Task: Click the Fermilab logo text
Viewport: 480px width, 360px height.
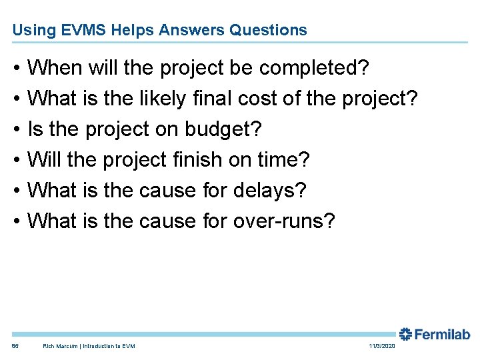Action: click(444, 335)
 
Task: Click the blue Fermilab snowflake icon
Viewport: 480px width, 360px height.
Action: click(406, 335)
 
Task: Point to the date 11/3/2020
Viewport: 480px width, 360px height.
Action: click(381, 346)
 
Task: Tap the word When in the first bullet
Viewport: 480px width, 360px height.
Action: click(55, 68)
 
